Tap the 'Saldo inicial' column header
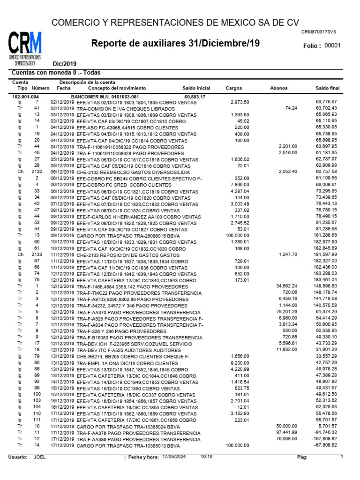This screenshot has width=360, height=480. tap(196, 88)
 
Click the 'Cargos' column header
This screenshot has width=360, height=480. tap(234, 88)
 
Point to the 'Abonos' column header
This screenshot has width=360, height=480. tap(279, 88)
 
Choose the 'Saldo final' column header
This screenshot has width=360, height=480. tap(327, 88)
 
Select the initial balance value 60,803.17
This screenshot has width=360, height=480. tap(195, 97)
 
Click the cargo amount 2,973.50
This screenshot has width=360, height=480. tap(239, 102)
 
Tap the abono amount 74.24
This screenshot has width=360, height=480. tap(291, 108)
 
